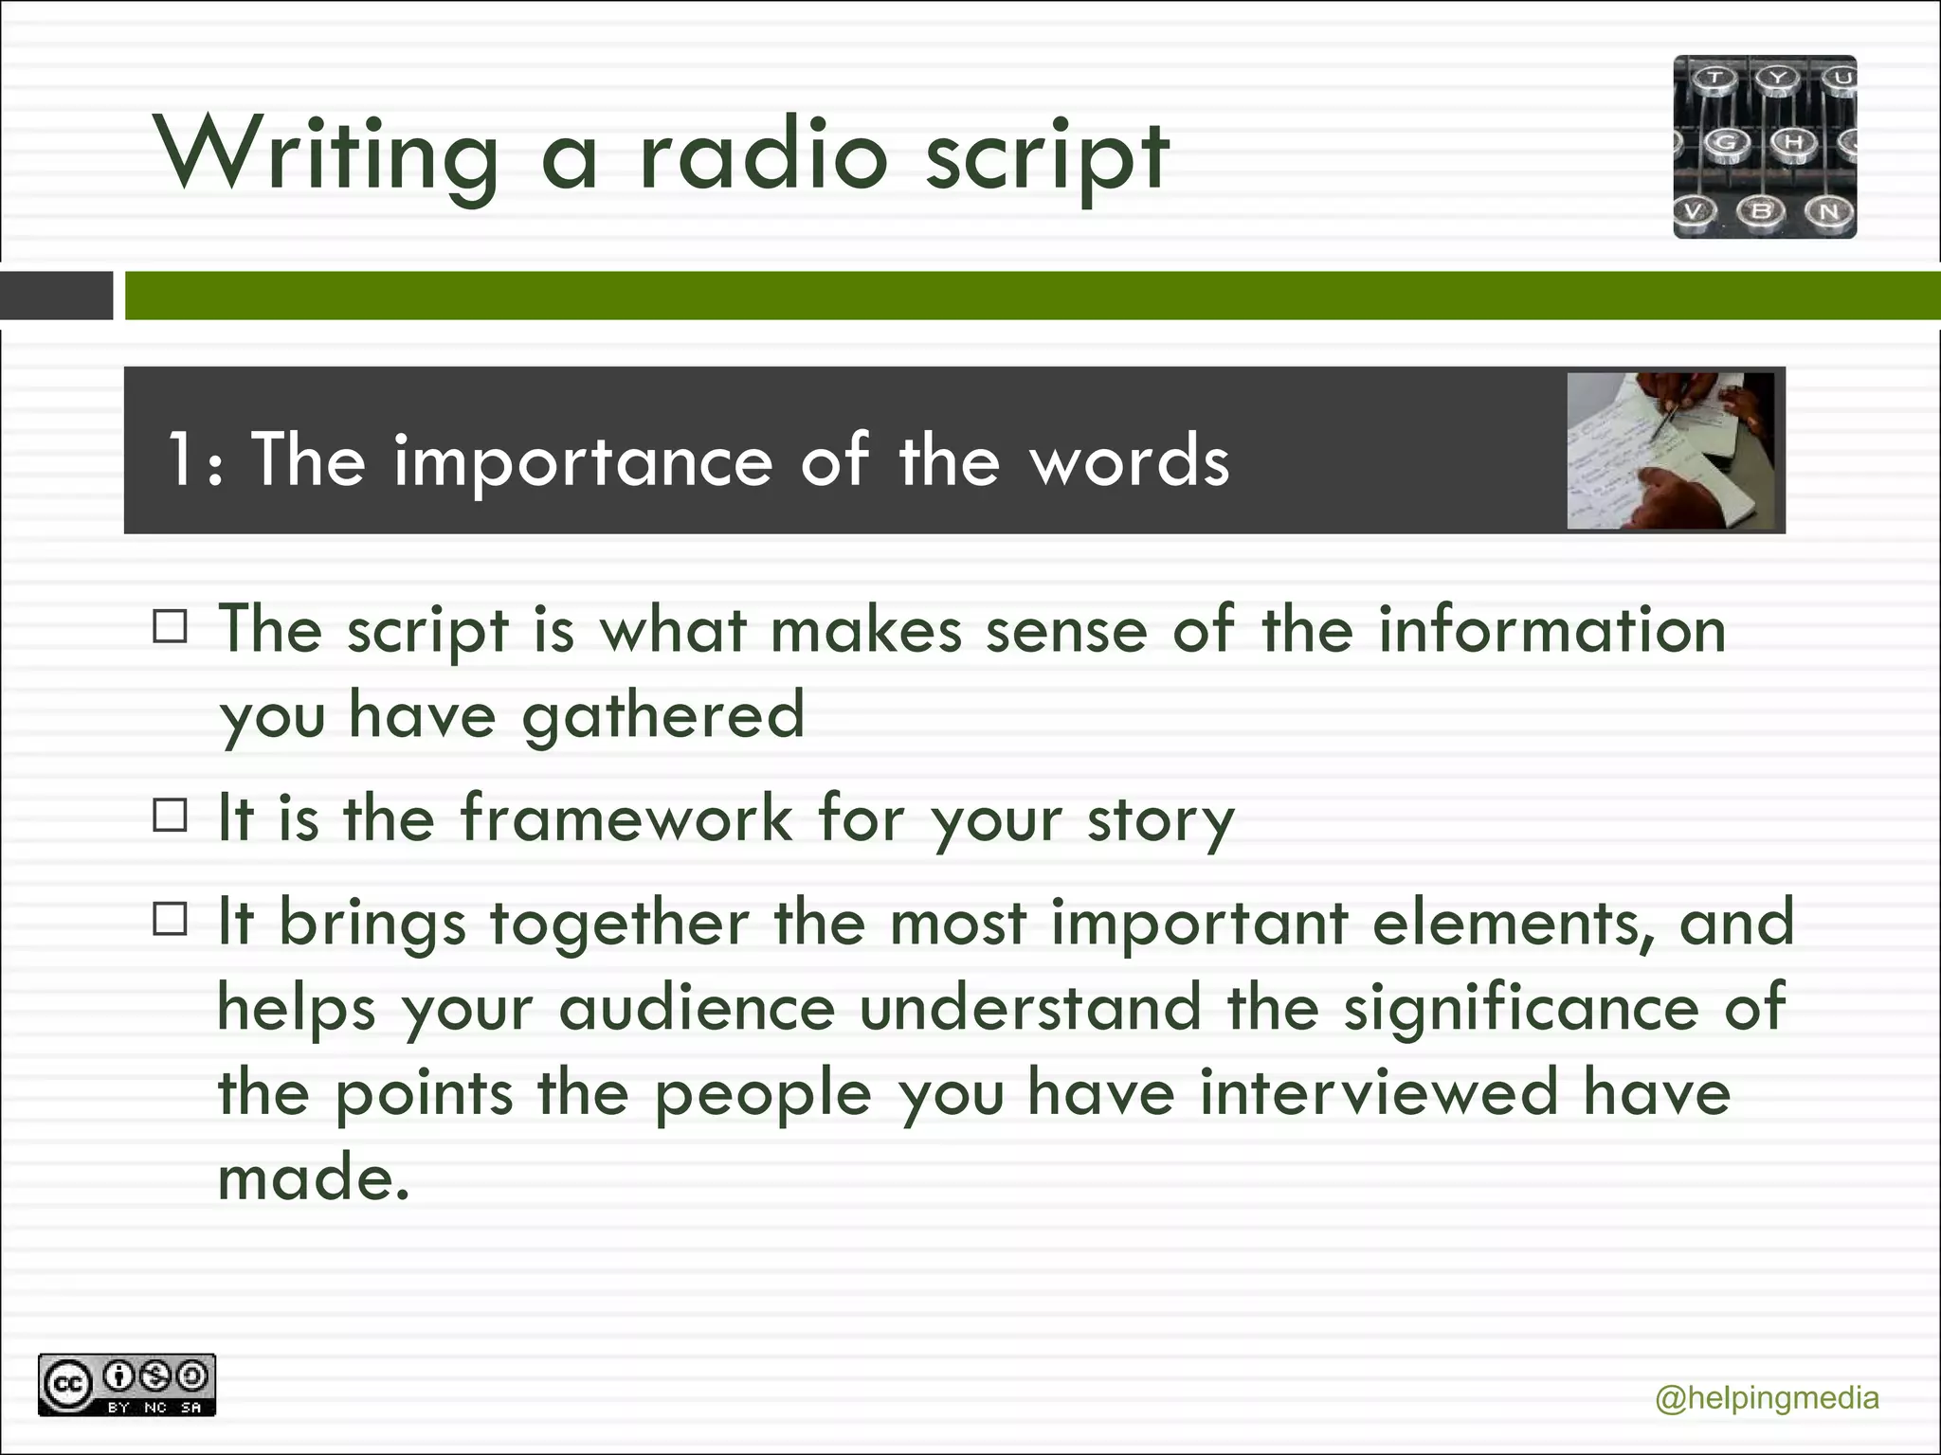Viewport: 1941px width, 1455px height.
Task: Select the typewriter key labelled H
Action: click(1792, 143)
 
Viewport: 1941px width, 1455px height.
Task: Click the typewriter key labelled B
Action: click(1761, 210)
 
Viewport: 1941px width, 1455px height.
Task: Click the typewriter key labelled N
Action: click(1827, 210)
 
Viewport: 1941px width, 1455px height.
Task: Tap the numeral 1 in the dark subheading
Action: click(180, 459)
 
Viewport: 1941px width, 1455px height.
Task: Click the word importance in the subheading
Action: click(584, 461)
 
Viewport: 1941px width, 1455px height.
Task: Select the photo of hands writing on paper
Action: click(1670, 451)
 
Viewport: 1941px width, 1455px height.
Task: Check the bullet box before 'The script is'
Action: click(171, 627)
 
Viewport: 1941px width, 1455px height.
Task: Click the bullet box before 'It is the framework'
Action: click(171, 815)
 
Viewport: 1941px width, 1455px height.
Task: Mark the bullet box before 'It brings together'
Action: click(171, 919)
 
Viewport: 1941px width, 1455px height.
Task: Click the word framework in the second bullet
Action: click(626, 817)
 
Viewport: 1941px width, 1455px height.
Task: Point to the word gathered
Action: click(663, 715)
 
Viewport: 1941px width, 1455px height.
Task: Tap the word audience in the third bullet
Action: click(697, 1007)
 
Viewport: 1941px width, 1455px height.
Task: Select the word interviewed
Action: click(1379, 1092)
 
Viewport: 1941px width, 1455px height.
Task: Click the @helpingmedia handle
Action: click(1767, 1398)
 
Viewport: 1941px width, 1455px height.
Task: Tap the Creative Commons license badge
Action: click(127, 1385)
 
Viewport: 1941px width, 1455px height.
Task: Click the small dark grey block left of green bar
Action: click(57, 296)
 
